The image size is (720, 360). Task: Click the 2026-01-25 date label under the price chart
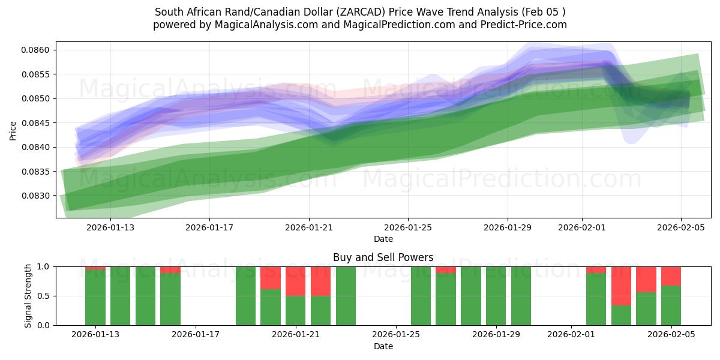[408, 227]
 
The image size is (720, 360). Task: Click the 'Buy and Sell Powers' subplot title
[383, 257]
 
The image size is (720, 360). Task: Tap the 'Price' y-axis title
[13, 130]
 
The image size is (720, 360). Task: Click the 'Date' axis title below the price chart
[383, 239]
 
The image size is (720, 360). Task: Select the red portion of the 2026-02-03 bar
[621, 286]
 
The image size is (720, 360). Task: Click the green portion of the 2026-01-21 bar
[296, 310]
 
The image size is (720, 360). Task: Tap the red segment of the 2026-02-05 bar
[671, 276]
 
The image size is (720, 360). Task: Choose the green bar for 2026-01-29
[496, 296]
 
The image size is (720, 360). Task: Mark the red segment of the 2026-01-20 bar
[271, 278]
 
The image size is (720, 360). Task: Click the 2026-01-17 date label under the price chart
[209, 227]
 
